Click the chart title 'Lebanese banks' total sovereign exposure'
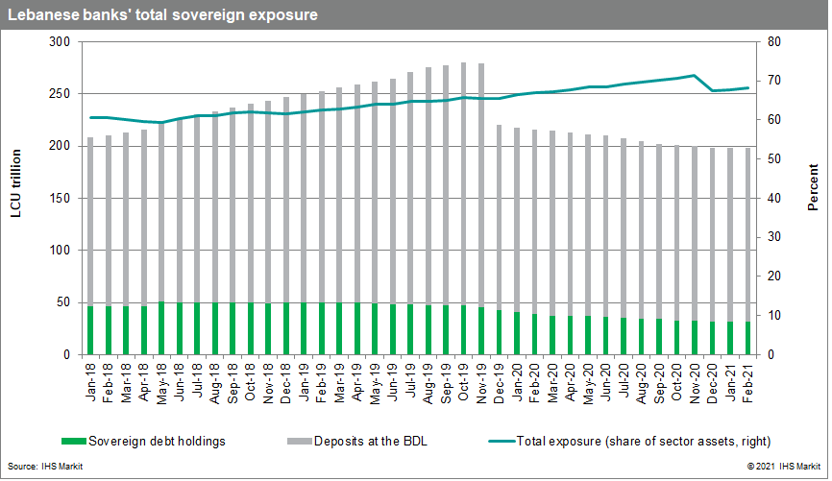[163, 14]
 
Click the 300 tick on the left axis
[60, 42]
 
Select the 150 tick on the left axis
[60, 199]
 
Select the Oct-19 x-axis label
[465, 381]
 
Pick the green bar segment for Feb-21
[746, 338]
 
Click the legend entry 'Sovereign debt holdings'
[144, 441]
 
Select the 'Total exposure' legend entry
[615, 441]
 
